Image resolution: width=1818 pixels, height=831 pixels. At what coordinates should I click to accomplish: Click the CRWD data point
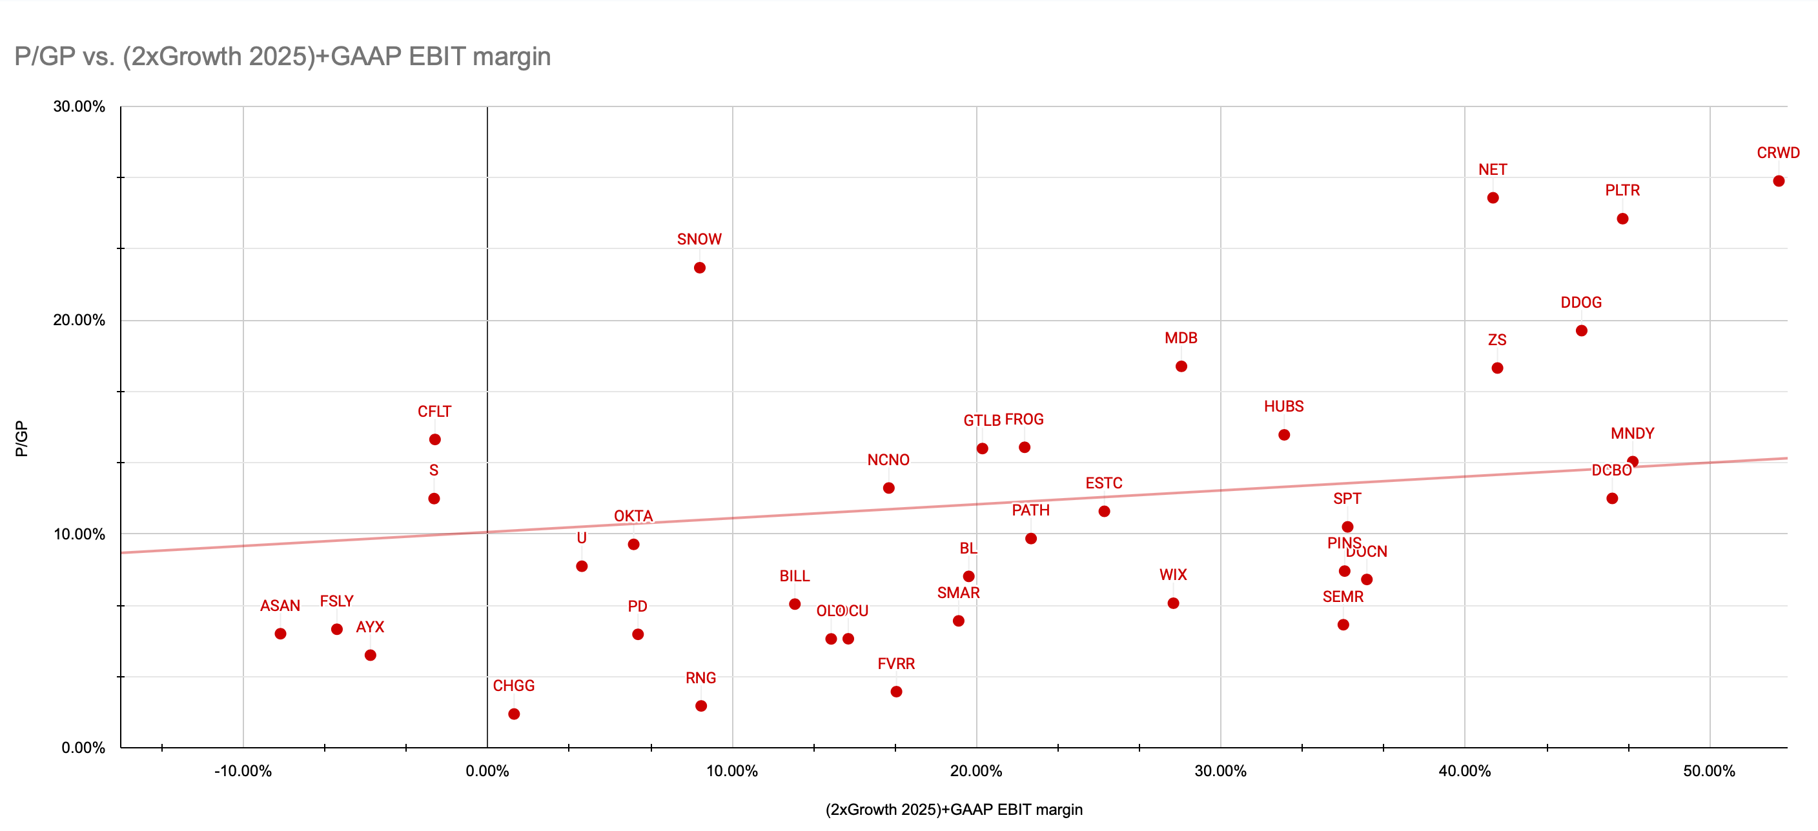click(x=1779, y=181)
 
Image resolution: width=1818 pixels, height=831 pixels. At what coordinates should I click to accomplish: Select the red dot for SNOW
click(x=699, y=268)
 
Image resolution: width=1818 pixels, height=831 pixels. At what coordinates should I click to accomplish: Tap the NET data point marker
click(x=1493, y=198)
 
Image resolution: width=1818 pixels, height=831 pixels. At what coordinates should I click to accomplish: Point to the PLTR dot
click(x=1622, y=219)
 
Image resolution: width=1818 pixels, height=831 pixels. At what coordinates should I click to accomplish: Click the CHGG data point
click(x=514, y=714)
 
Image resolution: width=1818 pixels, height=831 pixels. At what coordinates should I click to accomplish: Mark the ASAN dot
click(x=280, y=634)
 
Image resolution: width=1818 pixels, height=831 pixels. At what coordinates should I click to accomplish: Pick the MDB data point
click(x=1181, y=366)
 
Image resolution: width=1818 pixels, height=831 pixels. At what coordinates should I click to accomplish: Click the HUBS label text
click(x=1283, y=406)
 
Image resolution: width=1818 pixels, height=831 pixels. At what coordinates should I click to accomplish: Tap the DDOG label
click(x=1581, y=303)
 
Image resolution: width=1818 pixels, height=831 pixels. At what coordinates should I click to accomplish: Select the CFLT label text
click(x=434, y=411)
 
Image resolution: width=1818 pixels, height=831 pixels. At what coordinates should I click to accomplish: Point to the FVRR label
click(x=895, y=664)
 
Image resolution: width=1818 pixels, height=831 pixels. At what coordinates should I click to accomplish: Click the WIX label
click(x=1173, y=575)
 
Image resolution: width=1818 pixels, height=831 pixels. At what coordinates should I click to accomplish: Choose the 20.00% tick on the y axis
click(x=79, y=320)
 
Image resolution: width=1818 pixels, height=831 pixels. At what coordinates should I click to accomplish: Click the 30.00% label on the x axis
click(x=1220, y=771)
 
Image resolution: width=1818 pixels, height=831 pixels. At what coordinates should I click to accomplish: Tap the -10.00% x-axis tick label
click(x=243, y=771)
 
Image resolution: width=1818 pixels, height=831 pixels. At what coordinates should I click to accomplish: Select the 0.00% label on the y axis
click(x=83, y=748)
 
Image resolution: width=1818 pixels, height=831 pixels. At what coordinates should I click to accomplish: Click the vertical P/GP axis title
click(x=21, y=439)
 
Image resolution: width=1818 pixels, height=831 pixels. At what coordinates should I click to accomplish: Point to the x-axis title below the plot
click(x=954, y=810)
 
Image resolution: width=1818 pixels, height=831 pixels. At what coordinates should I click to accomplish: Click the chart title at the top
click(x=282, y=56)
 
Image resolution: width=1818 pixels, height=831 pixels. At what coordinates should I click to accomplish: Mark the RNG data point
click(x=701, y=706)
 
